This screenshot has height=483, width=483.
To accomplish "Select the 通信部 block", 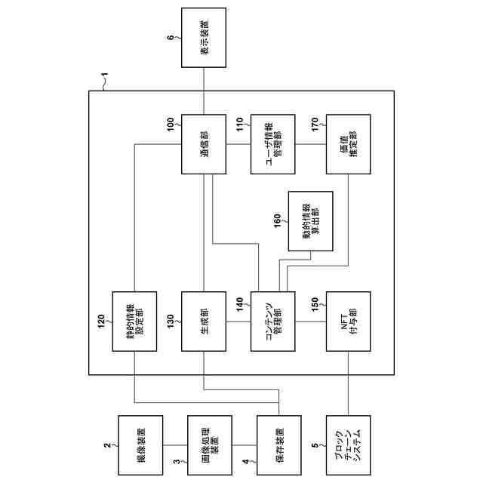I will pos(204,145).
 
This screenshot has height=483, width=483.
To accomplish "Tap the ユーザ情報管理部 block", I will pos(275,145).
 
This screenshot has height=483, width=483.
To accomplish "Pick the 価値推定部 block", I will pos(347,145).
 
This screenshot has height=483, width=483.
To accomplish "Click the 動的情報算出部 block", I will pos(311,221).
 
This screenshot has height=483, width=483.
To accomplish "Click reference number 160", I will pos(277,220).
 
